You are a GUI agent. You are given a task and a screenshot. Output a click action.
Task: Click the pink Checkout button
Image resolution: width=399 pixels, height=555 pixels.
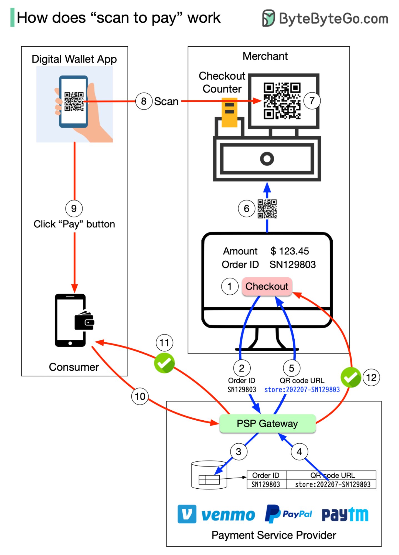[267, 286]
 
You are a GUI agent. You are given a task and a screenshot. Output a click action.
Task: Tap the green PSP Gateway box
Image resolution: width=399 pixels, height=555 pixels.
[267, 423]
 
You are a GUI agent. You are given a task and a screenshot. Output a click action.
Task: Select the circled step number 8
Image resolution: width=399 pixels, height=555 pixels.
[144, 101]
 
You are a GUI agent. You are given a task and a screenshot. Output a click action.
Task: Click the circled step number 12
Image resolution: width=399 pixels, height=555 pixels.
[371, 378]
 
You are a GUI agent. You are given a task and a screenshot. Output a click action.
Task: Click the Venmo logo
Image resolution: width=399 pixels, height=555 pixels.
[216, 514]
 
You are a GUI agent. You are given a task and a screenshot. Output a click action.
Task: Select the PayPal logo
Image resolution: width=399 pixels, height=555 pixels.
[288, 514]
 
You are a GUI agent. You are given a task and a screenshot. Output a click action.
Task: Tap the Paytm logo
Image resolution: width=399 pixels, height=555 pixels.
[345, 514]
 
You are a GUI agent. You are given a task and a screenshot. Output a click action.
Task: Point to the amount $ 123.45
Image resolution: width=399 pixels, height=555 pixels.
[289, 251]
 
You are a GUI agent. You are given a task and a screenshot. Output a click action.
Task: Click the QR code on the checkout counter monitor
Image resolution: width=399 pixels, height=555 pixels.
[282, 101]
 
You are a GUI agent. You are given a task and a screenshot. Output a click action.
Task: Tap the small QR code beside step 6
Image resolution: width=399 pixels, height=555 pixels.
[267, 209]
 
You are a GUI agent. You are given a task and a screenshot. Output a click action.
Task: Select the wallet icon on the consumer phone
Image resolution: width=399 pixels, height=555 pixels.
[84, 321]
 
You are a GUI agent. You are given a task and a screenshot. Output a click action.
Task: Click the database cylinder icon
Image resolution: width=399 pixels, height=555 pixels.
[209, 475]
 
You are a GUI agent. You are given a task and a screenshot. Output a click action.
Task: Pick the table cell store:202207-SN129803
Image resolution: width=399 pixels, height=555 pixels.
[332, 484]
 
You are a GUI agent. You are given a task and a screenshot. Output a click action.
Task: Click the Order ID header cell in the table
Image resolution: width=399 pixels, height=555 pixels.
[266, 475]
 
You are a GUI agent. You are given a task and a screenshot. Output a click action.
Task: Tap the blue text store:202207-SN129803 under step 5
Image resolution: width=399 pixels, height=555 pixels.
[302, 390]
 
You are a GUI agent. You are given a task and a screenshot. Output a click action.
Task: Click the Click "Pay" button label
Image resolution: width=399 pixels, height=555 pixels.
[74, 224]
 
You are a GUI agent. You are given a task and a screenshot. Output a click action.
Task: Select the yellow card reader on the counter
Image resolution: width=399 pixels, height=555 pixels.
[229, 112]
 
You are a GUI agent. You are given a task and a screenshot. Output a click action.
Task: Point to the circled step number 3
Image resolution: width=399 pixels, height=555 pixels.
[239, 452]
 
